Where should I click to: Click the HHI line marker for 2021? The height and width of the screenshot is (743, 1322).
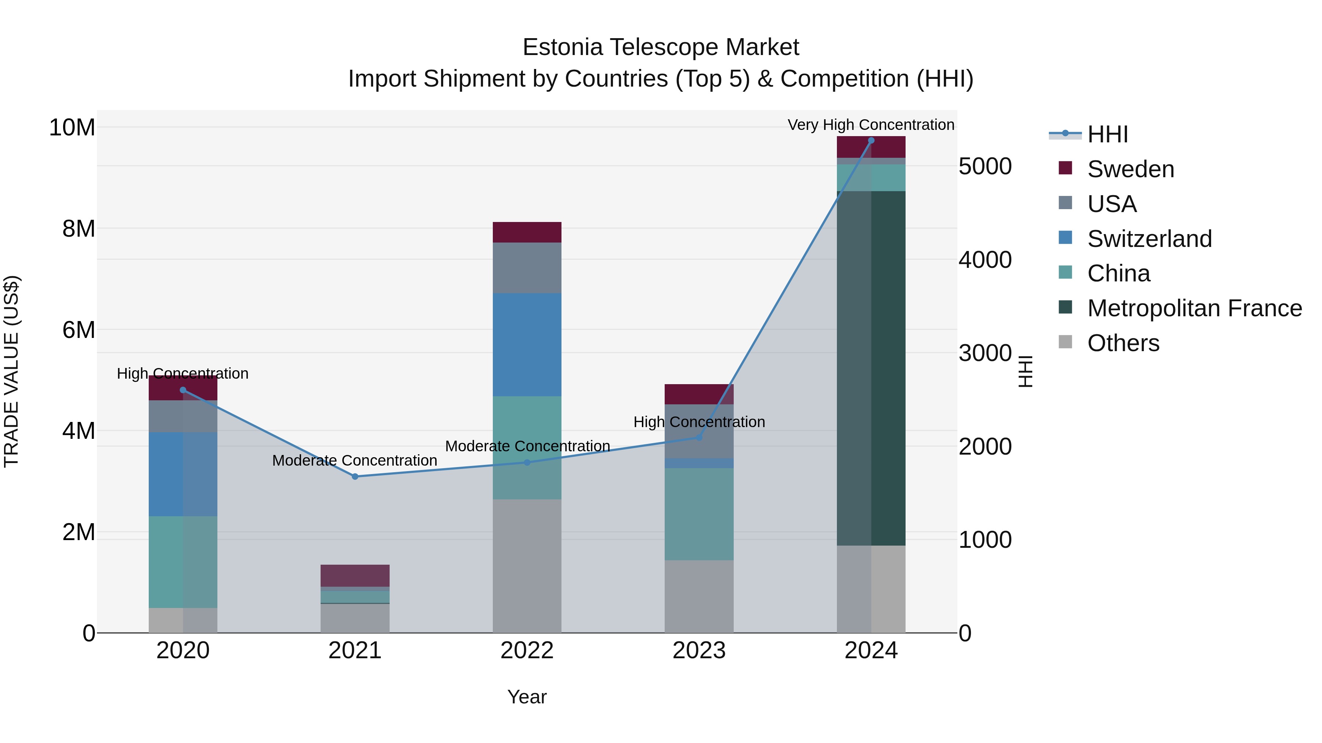click(355, 476)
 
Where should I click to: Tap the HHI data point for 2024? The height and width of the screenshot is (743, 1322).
click(871, 141)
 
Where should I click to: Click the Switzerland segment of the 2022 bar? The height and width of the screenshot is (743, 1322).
click(527, 345)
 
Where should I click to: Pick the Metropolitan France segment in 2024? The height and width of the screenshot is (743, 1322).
click(871, 368)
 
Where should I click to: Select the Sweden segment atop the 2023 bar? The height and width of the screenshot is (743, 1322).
click(699, 394)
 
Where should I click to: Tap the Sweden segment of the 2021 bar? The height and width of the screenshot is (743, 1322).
click(355, 575)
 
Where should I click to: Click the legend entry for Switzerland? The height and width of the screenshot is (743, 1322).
click(1149, 239)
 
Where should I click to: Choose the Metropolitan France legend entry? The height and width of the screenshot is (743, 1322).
click(1194, 308)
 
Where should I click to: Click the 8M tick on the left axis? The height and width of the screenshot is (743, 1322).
click(79, 229)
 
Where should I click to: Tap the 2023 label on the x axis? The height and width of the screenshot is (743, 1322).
click(699, 651)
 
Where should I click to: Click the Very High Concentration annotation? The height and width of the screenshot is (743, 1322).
click(871, 125)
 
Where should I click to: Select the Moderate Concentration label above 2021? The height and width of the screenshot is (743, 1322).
click(355, 460)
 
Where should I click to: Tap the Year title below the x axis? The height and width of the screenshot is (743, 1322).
click(527, 697)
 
